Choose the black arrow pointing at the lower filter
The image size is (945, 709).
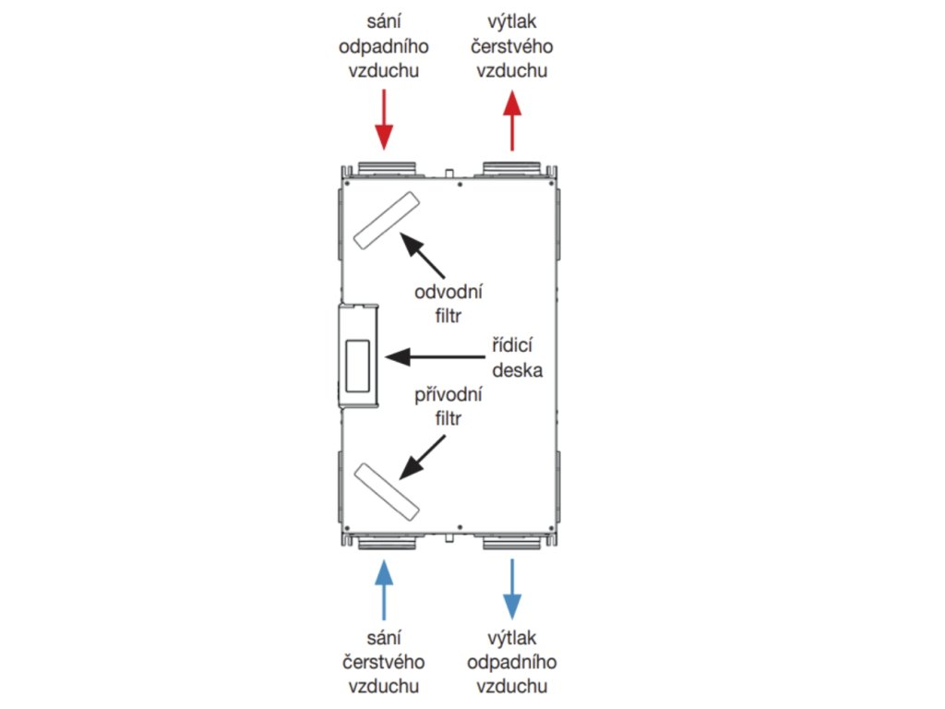[x=420, y=458]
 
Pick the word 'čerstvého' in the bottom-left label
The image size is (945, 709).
[x=384, y=663]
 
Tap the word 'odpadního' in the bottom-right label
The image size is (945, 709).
[x=512, y=663]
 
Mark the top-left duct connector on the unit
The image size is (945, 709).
[x=384, y=169]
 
